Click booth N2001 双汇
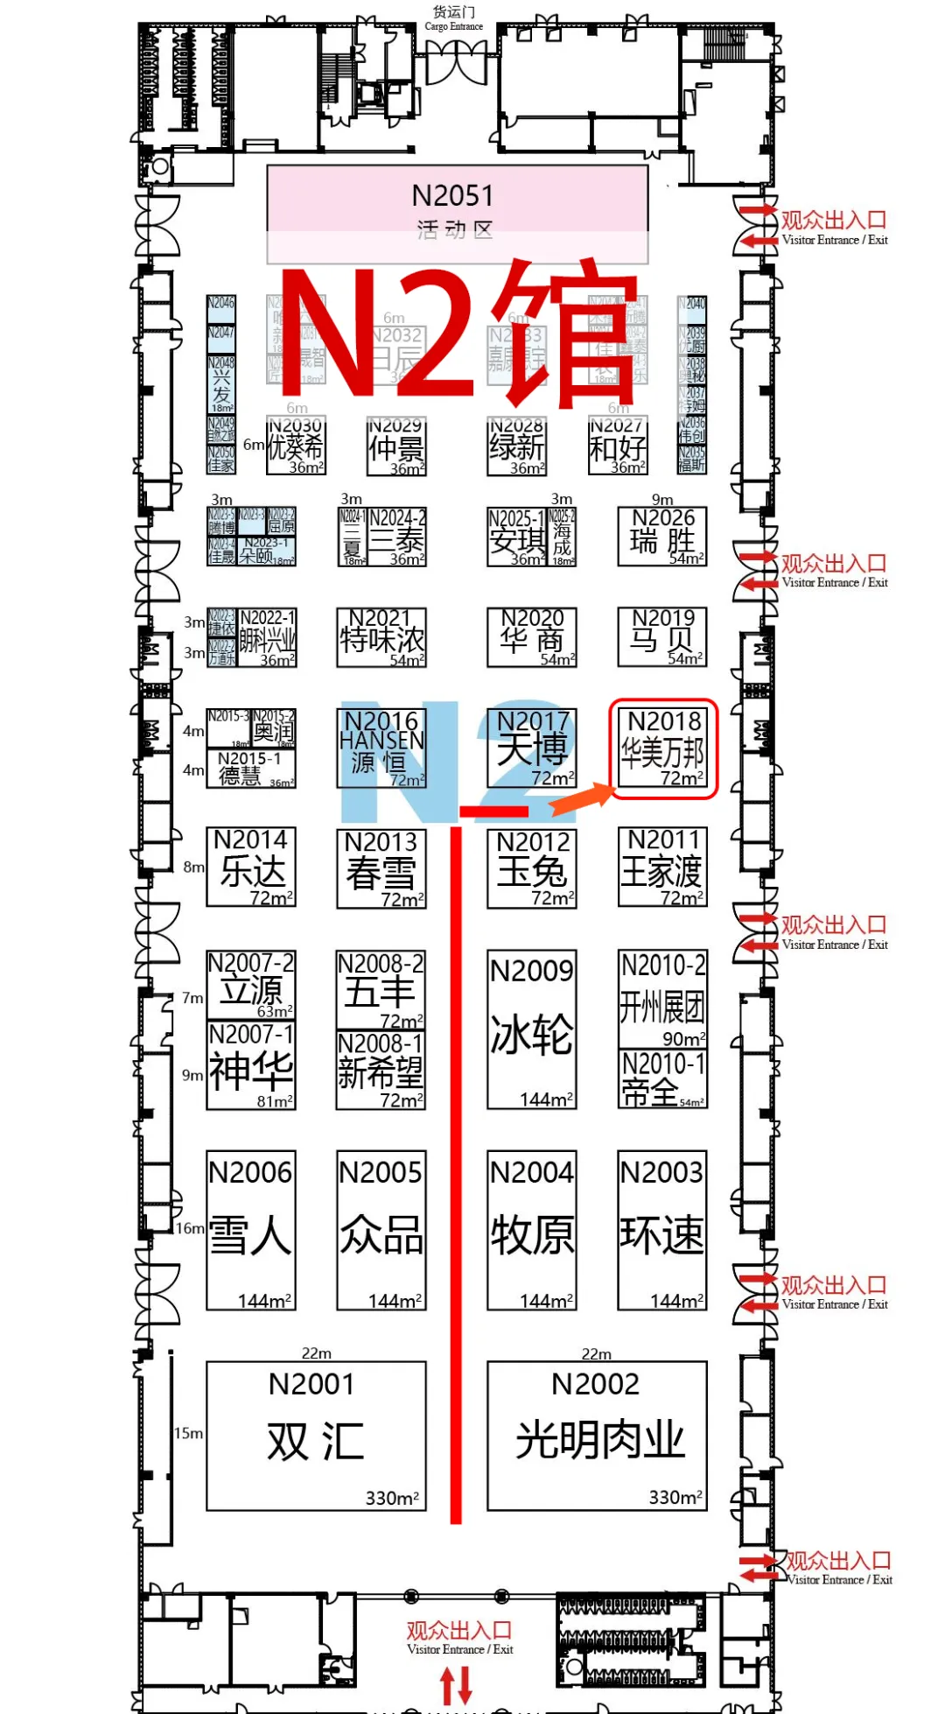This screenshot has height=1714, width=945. pos(316,1436)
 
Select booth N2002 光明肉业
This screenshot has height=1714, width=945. pos(597,1436)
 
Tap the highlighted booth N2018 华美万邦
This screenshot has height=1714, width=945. pos(663,749)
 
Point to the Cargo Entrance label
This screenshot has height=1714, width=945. pos(454,18)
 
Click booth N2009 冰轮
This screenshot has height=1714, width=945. pos(532,1029)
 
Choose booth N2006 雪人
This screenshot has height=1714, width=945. pos(251,1230)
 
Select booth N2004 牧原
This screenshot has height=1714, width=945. pos(532,1230)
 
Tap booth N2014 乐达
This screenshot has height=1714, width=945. pos(251,867)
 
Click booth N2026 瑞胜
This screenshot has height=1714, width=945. pos(662,536)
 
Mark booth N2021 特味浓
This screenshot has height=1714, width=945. pos(381,636)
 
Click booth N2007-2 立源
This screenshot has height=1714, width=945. pos(251,985)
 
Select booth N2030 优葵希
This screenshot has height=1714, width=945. pos(297,446)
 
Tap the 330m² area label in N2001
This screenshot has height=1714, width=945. pos(392,1498)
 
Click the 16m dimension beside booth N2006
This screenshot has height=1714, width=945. pos(190,1228)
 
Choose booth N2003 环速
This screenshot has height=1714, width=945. pos(662,1230)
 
